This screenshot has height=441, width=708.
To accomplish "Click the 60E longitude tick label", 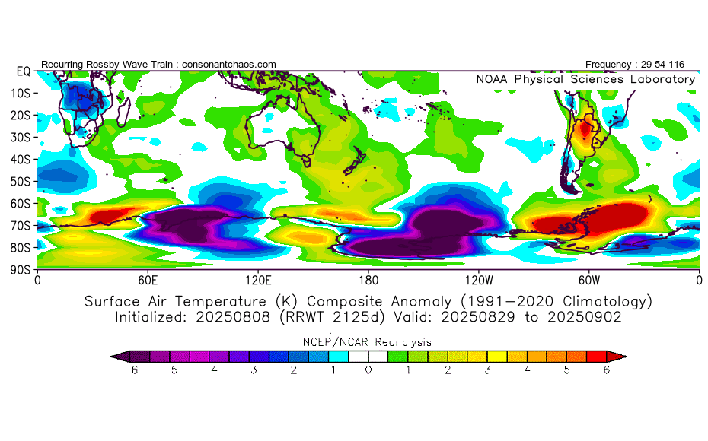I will pyautogui.click(x=148, y=280).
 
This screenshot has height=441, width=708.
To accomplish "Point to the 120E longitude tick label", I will pyautogui.click(x=258, y=280).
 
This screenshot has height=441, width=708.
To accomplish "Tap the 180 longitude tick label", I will pyautogui.click(x=368, y=280).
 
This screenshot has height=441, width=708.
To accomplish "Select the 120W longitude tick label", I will pyautogui.click(x=478, y=280).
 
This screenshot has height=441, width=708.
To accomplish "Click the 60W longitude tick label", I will pyautogui.click(x=588, y=280).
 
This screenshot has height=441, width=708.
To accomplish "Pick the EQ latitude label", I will pyautogui.click(x=23, y=71).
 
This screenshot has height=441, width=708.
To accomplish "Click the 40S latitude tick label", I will pyautogui.click(x=20, y=159).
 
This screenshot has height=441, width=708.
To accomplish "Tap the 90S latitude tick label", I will pyautogui.click(x=20, y=269).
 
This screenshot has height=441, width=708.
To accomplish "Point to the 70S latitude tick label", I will pyautogui.click(x=20, y=225).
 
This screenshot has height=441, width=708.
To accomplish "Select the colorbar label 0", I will pyautogui.click(x=368, y=370).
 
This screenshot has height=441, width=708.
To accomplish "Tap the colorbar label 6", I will pyautogui.click(x=607, y=370).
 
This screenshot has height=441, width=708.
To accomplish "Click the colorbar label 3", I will pyautogui.click(x=487, y=370).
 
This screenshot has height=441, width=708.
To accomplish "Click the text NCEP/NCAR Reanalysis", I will pyautogui.click(x=368, y=342).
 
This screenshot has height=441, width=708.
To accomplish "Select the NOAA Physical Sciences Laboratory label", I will pyautogui.click(x=585, y=79).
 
